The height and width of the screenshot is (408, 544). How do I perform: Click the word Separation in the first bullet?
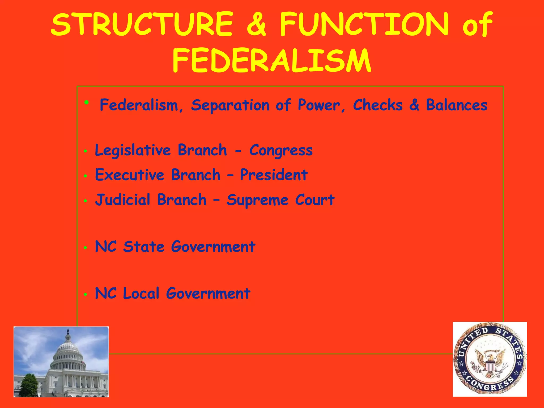pyautogui.click(x=230, y=105)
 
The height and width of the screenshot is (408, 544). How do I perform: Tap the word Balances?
pyautogui.click(x=457, y=105)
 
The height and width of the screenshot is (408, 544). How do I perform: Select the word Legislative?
pyautogui.click(x=133, y=150)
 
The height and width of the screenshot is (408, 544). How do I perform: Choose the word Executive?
pyautogui.click(x=130, y=175)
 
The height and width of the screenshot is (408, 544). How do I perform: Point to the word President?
pyautogui.click(x=274, y=175)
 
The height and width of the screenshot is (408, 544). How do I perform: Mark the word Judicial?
pyautogui.click(x=123, y=200)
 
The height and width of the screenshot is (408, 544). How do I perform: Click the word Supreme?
pyautogui.click(x=257, y=200)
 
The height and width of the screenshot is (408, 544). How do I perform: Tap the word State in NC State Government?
pyautogui.click(x=143, y=247)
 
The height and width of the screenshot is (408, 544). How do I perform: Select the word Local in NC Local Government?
pyautogui.click(x=141, y=294)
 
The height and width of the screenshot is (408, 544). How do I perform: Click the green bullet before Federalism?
pyautogui.click(x=86, y=102)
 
